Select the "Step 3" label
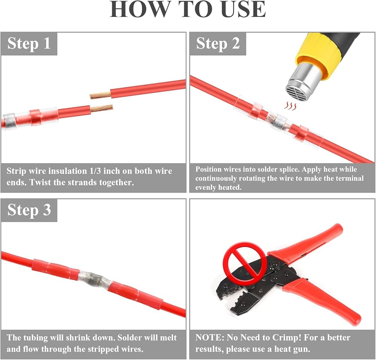29,210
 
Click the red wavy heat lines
290,106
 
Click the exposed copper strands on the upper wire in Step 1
100,95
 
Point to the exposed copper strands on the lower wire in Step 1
102,109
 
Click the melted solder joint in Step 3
94,280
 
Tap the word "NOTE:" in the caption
210,337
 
